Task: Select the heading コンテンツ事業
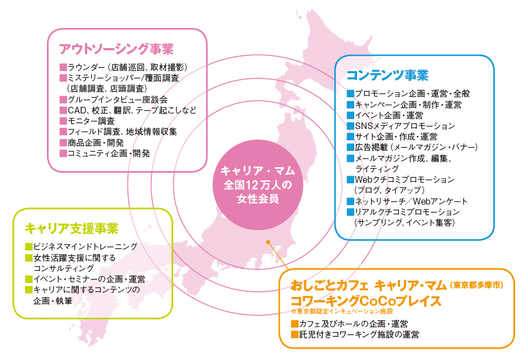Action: point(387,75)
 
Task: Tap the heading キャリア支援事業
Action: point(72,228)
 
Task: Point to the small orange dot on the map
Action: point(268,243)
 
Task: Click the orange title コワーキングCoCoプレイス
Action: point(366,300)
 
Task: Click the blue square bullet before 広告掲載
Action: point(350,147)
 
